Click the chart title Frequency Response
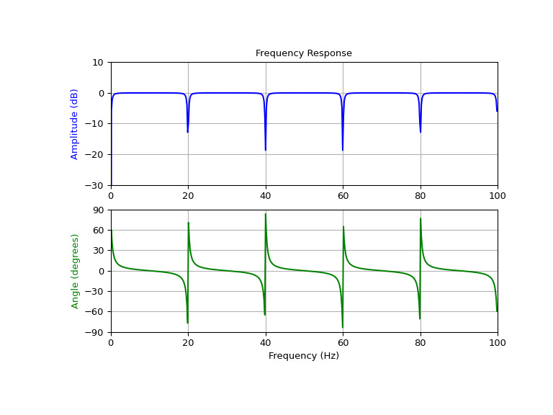click(303, 53)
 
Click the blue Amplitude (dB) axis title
click(74, 124)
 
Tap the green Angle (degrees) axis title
click(74, 271)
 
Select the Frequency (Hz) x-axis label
click(303, 356)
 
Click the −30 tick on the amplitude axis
click(95, 185)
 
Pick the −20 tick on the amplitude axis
click(95, 155)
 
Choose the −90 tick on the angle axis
click(95, 332)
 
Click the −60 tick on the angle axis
click(95, 312)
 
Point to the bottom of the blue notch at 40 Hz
click(266, 150)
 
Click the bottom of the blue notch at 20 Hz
click(188, 132)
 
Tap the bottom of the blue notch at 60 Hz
click(343, 150)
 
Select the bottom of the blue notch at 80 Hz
click(421, 132)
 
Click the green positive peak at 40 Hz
click(266, 214)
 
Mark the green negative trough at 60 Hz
click(343, 327)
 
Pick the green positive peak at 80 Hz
click(421, 219)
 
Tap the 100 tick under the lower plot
click(498, 342)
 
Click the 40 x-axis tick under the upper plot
click(266, 195)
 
